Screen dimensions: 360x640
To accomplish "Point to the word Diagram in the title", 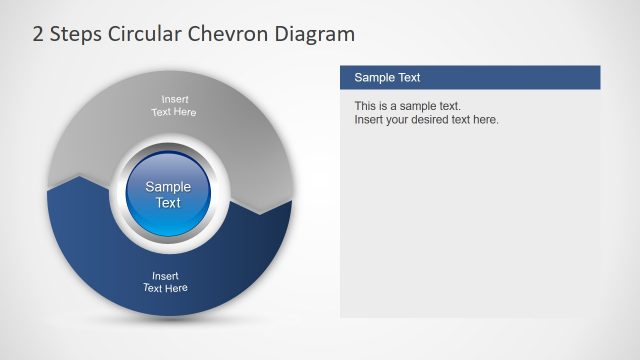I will pos(317,35).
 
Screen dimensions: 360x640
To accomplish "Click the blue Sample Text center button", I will pos(168,194).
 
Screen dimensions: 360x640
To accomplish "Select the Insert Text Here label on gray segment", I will pos(173,105).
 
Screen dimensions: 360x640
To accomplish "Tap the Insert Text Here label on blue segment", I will pos(165,282).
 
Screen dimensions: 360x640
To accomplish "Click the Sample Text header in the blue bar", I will pos(388,77).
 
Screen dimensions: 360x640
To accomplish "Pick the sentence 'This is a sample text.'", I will pos(407,106).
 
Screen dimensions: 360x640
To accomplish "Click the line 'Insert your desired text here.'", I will pos(426,120).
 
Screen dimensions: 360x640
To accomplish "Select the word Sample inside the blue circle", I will pos(168,186).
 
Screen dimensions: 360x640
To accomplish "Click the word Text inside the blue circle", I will pos(168,203).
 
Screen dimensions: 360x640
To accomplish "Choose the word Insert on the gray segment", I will pos(174,98).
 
